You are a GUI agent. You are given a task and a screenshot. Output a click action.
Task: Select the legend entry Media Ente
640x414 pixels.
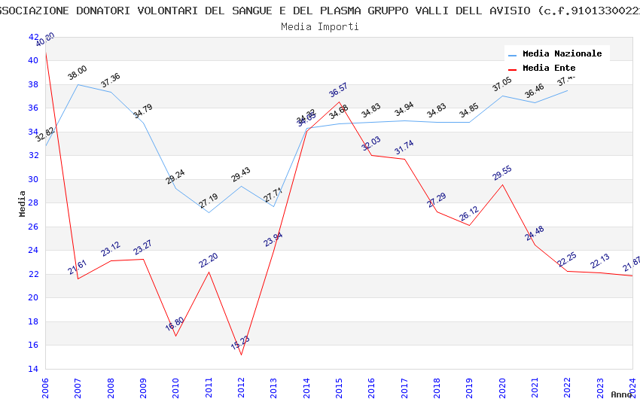pos(549,68)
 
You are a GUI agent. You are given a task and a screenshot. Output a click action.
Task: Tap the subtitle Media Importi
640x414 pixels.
pos(320,26)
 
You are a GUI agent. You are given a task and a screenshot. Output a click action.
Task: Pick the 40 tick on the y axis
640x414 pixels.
pos(33,60)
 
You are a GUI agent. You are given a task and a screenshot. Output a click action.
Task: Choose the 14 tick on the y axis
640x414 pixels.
pos(33,369)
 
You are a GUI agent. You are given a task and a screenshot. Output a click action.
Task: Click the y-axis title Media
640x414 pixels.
pos(23,203)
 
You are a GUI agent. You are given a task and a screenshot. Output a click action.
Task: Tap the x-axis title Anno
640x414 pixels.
pos(621,394)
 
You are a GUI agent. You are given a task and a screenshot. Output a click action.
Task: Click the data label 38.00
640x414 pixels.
pos(78,73)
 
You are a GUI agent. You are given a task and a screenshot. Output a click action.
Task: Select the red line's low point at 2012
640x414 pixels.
pos(241,355)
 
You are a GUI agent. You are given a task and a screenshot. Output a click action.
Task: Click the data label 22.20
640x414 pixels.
pos(209,260)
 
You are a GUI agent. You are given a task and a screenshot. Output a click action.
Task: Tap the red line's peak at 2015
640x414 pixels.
pos(339,102)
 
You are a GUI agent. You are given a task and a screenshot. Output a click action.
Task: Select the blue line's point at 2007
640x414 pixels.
pos(78,84)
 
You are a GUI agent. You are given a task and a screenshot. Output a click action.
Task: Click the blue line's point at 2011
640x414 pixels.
pos(209,212)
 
